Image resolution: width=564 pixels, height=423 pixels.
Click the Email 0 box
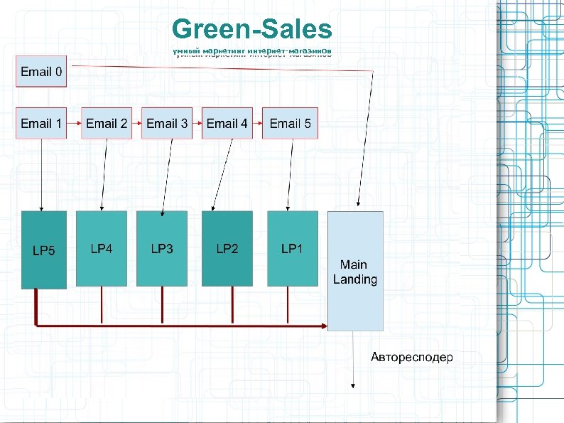[x=41, y=72]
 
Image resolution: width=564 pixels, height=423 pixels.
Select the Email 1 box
[x=41, y=124]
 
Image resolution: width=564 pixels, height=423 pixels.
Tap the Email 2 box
[x=107, y=124]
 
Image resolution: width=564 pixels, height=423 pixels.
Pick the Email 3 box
[x=167, y=124]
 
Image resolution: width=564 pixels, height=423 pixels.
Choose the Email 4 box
[x=227, y=124]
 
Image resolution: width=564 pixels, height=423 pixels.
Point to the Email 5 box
[x=290, y=124]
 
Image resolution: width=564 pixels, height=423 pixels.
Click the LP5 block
[x=44, y=250]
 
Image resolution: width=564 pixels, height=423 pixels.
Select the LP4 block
[x=102, y=248]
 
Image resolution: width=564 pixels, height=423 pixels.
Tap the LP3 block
[x=162, y=248]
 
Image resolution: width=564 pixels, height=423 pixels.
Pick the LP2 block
[x=227, y=248]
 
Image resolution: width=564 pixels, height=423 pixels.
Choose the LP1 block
[x=291, y=248]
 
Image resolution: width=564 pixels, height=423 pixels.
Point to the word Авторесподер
[x=411, y=357]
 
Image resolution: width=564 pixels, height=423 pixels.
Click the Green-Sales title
[x=252, y=30]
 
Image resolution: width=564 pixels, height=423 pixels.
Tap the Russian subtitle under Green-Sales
[x=252, y=52]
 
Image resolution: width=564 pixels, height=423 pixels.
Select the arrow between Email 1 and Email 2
[x=74, y=124]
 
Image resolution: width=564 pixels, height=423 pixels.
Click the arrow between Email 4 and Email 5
[x=257, y=124]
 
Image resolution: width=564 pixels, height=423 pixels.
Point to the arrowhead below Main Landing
[x=354, y=385]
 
